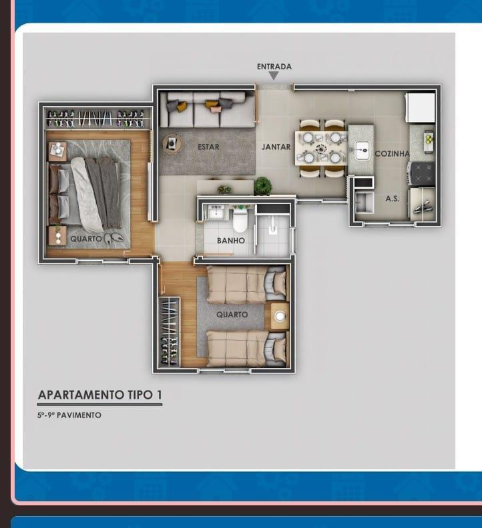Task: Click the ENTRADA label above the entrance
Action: point(274,67)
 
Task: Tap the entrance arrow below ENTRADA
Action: point(274,76)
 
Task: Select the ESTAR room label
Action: point(208,147)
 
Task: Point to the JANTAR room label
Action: point(276,147)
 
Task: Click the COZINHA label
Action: point(393,154)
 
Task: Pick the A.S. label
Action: point(393,199)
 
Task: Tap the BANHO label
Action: point(231,241)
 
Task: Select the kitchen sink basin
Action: point(363,149)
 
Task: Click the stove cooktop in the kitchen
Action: point(421,173)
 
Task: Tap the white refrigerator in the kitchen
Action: point(421,107)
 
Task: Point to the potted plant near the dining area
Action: point(262,186)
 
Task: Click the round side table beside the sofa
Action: point(172,144)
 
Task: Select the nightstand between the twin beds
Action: point(280,316)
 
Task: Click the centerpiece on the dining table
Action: point(321,148)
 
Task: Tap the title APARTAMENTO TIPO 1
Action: point(100,395)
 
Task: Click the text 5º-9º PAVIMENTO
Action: point(69,415)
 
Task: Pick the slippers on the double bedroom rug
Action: point(113,237)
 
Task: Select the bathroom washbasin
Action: point(215,213)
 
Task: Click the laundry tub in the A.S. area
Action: point(364,203)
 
